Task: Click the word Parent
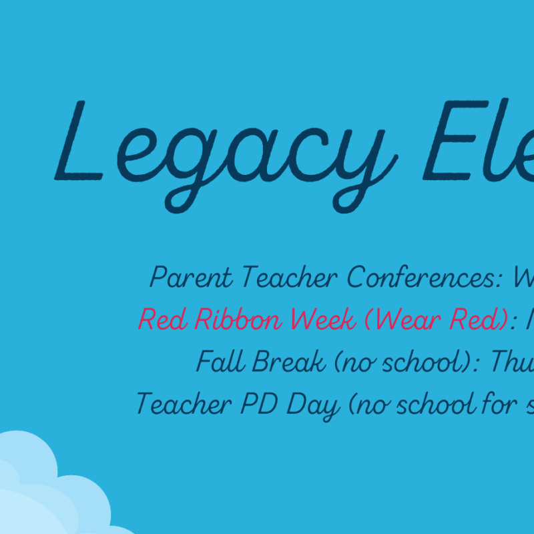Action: pos(192,277)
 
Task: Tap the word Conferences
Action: pos(425,276)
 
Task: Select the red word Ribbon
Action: pos(238,319)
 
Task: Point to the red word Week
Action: pos(324,319)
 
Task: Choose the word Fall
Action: pos(220,361)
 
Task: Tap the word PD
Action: pos(259,404)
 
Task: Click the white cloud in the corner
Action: pos(51,491)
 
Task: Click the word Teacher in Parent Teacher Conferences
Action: pos(290,276)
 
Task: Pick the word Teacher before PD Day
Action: pos(184,403)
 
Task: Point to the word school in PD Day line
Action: pos(439,403)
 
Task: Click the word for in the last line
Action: pos(500,403)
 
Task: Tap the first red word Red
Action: pos(163,319)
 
